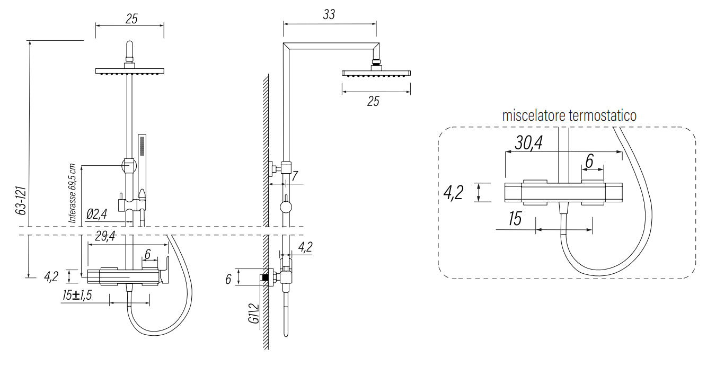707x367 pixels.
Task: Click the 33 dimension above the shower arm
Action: [329, 14]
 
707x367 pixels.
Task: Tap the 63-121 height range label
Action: [21, 201]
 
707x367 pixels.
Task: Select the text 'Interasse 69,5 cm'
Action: [73, 194]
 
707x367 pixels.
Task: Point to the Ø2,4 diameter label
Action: [96, 214]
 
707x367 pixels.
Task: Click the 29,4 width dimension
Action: [105, 236]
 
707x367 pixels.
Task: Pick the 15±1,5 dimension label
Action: [77, 296]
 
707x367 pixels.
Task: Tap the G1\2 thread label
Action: [253, 314]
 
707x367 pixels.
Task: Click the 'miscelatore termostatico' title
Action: [569, 115]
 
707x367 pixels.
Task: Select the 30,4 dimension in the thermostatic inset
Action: [529, 143]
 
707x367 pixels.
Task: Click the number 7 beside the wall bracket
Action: [295, 176]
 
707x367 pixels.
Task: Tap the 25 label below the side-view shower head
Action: [373, 102]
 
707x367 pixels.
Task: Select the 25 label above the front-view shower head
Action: [131, 19]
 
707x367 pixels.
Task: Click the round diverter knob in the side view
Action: [286, 207]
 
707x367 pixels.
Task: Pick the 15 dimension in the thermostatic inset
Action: [515, 219]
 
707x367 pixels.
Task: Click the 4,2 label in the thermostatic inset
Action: [453, 193]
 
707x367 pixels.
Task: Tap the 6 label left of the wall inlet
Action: [228, 279]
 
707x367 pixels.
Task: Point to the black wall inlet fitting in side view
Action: [265, 278]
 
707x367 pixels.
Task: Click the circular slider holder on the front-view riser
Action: [129, 165]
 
